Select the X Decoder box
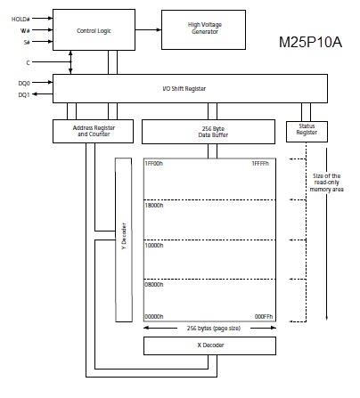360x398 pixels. click(x=209, y=345)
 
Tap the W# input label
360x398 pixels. click(x=25, y=29)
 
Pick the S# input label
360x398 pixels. click(x=26, y=42)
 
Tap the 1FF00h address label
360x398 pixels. click(x=158, y=163)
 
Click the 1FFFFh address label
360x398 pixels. click(x=262, y=163)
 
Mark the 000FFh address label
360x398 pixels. click(x=263, y=316)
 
